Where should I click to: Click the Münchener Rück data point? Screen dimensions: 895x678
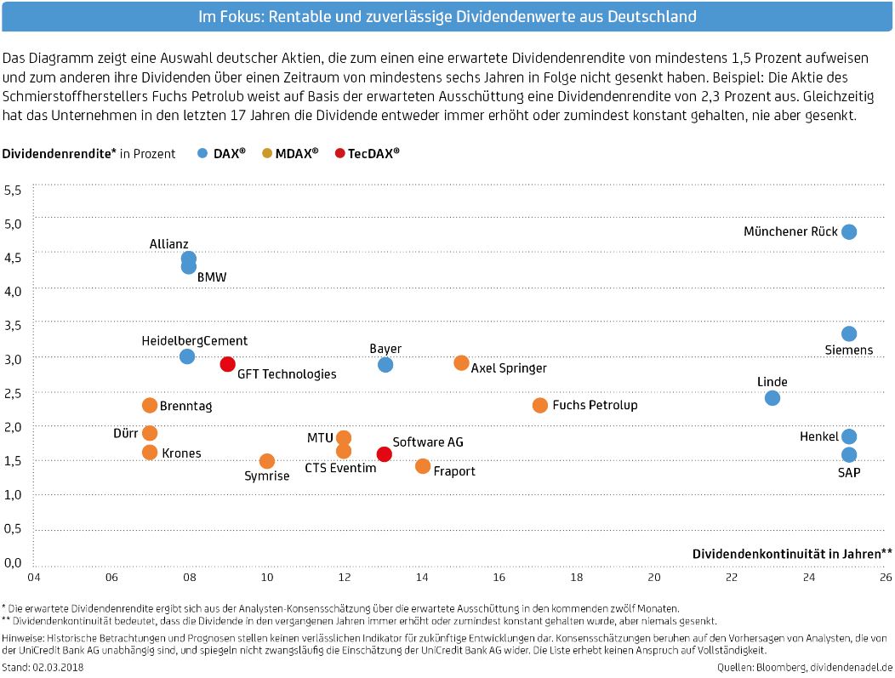pos(849,231)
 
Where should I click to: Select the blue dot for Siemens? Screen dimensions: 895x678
pos(849,333)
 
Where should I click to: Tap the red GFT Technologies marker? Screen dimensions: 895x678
pos(228,364)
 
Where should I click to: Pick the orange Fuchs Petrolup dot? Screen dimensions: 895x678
pos(540,406)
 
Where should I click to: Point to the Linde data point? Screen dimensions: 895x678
pos(772,398)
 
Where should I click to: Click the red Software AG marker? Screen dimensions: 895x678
pos(385,454)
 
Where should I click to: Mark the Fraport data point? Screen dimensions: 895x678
pos(422,466)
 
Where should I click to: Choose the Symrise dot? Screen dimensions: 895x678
pos(267,461)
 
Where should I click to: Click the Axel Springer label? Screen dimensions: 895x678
pos(509,368)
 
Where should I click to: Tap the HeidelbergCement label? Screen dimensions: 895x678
pos(195,341)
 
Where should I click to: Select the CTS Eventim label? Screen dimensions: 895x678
pos(341,468)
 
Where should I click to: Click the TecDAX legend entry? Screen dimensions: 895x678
pos(368,153)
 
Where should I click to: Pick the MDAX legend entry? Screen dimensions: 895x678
pos(290,153)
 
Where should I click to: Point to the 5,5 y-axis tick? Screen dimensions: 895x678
pos(13,190)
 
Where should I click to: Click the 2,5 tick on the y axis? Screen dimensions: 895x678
pos(13,393)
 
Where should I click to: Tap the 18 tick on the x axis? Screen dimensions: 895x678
pos(577,577)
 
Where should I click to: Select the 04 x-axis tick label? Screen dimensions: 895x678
pos(34,577)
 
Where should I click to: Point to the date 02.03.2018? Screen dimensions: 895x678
pos(58,667)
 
